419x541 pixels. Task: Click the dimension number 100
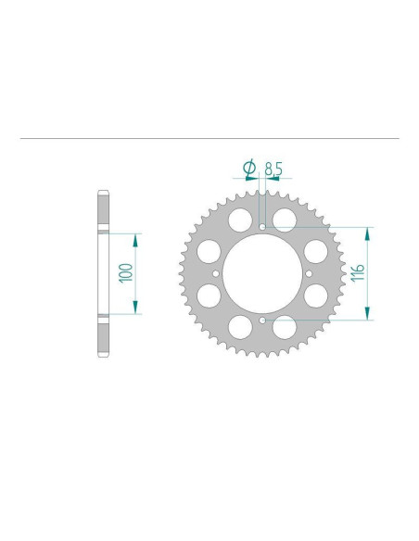click(x=127, y=273)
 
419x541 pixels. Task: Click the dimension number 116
click(x=358, y=273)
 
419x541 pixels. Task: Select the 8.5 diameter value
click(x=273, y=169)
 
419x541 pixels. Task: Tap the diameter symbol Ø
click(x=248, y=168)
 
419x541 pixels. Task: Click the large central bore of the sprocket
click(x=262, y=273)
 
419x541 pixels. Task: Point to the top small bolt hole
click(x=262, y=226)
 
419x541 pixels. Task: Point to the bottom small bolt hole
click(x=262, y=321)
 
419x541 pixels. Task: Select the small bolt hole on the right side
click(x=310, y=273)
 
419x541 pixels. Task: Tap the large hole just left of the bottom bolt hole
click(x=240, y=326)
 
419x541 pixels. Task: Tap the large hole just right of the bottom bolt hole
click(x=285, y=326)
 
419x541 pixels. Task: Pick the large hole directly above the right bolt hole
click(x=316, y=251)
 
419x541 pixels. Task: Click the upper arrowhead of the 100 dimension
click(x=136, y=239)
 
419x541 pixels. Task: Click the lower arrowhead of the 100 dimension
click(x=136, y=308)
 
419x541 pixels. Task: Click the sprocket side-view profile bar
click(x=102, y=273)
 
